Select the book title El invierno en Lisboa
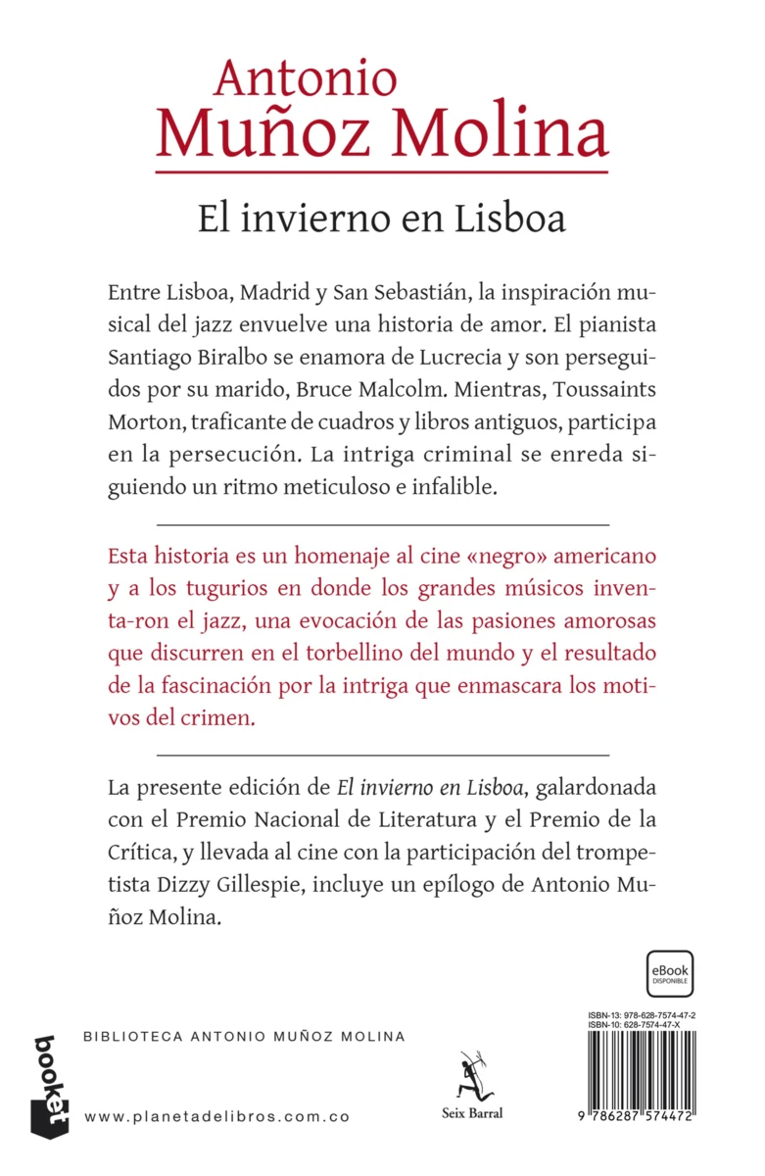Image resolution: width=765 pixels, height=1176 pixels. click(x=382, y=217)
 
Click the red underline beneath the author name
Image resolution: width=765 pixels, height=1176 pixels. click(x=382, y=172)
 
